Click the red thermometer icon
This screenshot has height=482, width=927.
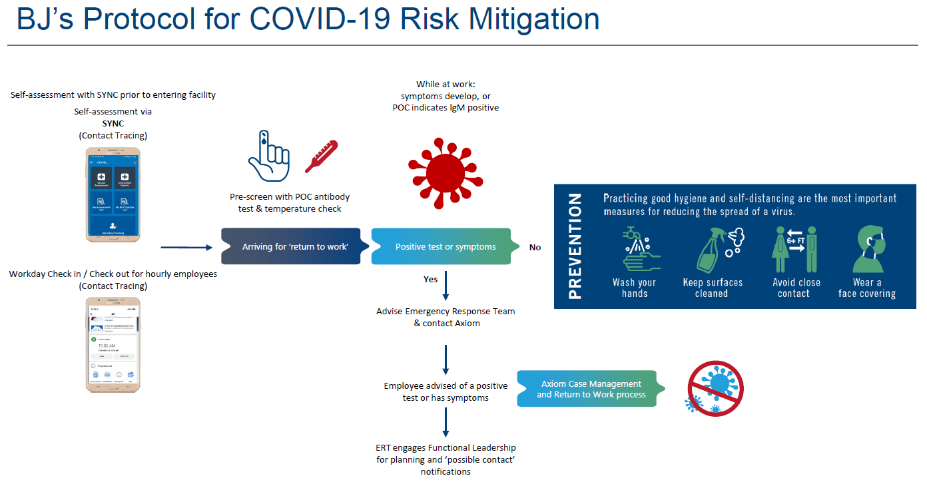click(x=321, y=157)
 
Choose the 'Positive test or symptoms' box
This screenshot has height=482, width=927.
click(x=445, y=247)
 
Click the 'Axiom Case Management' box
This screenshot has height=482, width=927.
click(x=591, y=389)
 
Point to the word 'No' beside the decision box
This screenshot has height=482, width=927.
click(x=535, y=248)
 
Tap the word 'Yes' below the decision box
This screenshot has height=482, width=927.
click(x=430, y=280)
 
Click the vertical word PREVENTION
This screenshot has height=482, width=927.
click(x=575, y=246)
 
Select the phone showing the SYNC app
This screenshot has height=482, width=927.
click(x=113, y=194)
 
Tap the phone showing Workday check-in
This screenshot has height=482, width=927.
click(x=113, y=345)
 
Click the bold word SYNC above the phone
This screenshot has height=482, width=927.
click(x=113, y=124)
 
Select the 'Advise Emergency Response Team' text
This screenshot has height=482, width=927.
click(x=446, y=311)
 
